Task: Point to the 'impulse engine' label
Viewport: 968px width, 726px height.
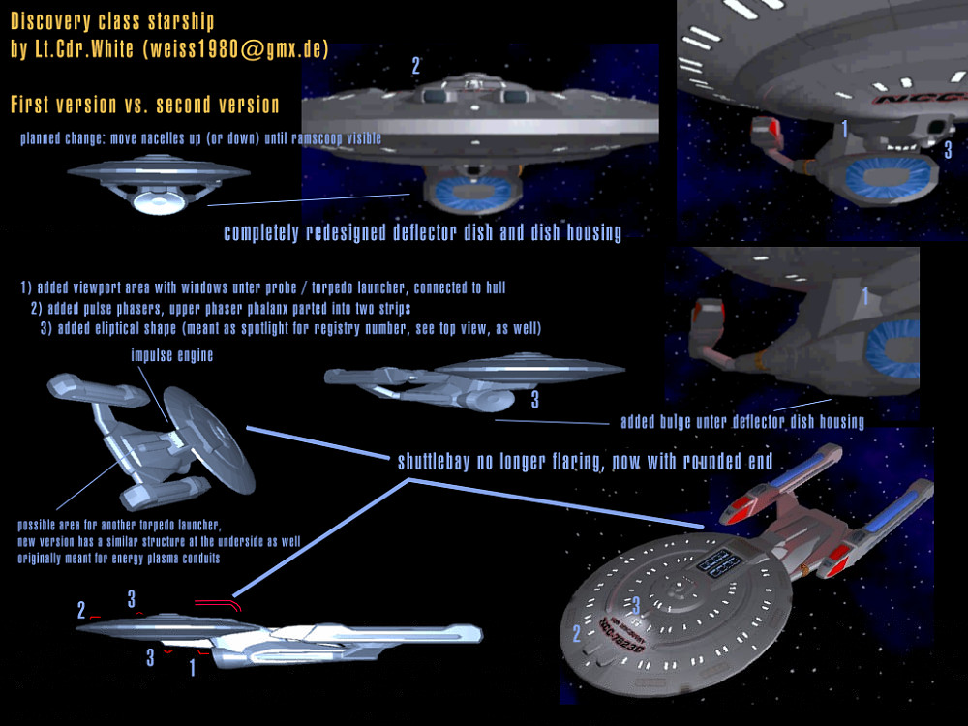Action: pos(171,355)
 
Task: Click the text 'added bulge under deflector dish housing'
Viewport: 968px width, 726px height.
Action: pos(742,421)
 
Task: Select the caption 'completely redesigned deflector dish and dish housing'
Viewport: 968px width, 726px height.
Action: pos(422,233)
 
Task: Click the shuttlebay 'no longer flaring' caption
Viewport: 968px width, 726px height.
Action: pos(585,462)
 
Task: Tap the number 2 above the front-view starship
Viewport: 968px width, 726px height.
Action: pos(416,66)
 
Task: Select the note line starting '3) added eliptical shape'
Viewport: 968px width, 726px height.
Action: pos(290,329)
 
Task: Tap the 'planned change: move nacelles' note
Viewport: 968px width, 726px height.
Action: pos(200,138)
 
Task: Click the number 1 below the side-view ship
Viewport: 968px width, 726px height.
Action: pos(192,666)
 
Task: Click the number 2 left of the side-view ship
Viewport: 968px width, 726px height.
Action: pos(82,610)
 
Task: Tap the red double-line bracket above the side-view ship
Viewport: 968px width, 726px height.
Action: pos(218,604)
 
